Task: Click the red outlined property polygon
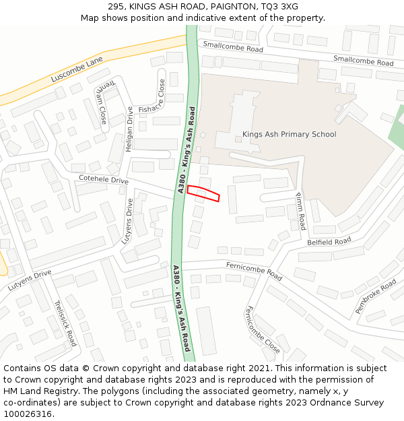pyautogui.click(x=203, y=193)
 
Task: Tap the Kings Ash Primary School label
pyautogui.click(x=289, y=134)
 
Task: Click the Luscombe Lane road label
pyautogui.click(x=77, y=70)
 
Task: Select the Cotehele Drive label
pyautogui.click(x=103, y=181)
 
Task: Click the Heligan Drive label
pyautogui.click(x=129, y=129)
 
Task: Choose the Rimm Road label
pyautogui.click(x=300, y=210)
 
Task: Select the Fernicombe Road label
pyautogui.click(x=254, y=271)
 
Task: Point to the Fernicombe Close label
pyautogui.click(x=262, y=329)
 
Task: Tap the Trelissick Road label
pyautogui.click(x=65, y=323)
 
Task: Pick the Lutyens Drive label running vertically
pyautogui.click(x=127, y=221)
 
